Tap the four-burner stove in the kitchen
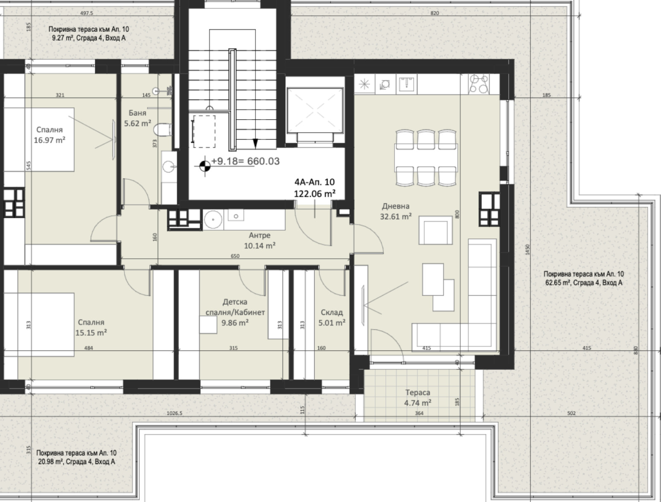pos(479,84)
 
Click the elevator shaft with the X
pos(315,110)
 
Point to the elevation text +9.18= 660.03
pos(245,161)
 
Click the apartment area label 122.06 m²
pos(315,194)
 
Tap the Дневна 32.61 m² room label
pos(396,211)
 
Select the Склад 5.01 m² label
pos(332,318)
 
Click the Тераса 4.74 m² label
pos(418,397)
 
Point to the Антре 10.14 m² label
pos(259,240)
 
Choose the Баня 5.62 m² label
pos(138,118)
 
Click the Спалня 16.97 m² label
pos(50,135)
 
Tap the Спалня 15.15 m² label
pos(91,327)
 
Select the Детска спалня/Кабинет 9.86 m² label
pos(235,312)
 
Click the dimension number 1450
pos(527,249)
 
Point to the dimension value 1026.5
pos(174,413)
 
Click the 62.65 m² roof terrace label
pos(584,278)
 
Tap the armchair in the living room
pos(435,230)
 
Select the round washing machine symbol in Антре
pos(213,219)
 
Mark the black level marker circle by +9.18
pos(205,166)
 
